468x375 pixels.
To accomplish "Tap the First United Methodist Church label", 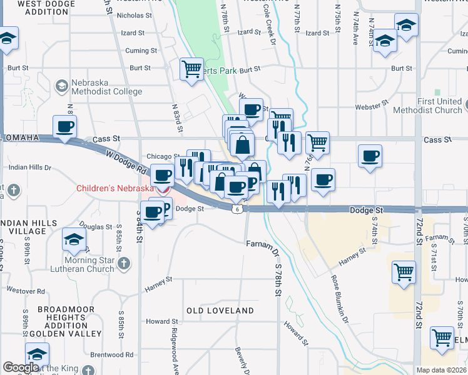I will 431,106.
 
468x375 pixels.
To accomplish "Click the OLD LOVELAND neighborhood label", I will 220,311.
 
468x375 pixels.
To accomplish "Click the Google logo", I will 20,367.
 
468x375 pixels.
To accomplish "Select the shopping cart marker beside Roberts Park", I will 191,69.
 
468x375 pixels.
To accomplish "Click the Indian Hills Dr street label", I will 30,167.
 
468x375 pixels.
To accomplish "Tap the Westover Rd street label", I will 26,291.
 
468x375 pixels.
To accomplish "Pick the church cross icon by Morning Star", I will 124,263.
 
